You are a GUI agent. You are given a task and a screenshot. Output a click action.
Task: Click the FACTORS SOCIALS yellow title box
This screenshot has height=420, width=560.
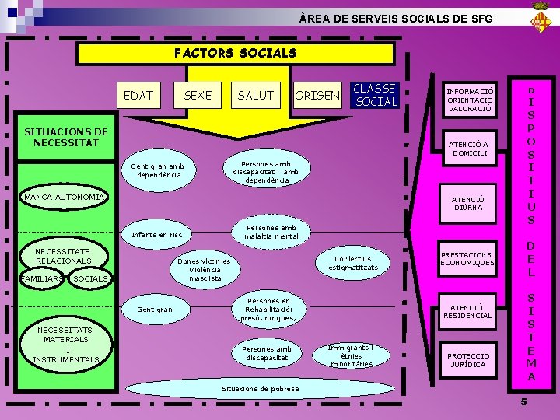click(x=235, y=53)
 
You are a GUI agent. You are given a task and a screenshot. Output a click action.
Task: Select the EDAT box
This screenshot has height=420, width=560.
click(x=139, y=95)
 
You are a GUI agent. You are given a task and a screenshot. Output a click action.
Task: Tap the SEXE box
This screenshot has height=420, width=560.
click(x=198, y=95)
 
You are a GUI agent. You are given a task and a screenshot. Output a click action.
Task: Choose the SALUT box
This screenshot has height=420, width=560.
click(x=256, y=95)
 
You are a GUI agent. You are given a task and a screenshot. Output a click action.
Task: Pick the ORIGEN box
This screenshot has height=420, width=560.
click(x=317, y=96)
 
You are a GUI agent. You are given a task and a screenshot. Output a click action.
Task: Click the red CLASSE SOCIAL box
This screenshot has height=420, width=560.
click(x=376, y=95)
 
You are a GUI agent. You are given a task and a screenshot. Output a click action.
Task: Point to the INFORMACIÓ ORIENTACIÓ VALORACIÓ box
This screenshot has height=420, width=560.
click(x=470, y=100)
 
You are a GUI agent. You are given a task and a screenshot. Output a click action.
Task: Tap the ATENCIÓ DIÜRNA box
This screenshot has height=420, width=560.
click(x=468, y=203)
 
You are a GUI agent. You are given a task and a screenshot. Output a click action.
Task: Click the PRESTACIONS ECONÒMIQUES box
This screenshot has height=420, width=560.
click(x=467, y=258)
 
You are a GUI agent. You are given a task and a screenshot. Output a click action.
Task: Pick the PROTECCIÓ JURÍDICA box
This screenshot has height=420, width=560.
click(x=467, y=360)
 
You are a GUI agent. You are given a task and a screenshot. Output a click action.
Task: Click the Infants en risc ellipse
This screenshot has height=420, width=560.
click(x=158, y=234)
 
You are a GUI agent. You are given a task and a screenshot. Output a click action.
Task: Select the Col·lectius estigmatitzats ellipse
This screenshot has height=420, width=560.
click(x=353, y=263)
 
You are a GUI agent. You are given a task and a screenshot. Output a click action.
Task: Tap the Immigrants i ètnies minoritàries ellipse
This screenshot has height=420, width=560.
click(x=350, y=355)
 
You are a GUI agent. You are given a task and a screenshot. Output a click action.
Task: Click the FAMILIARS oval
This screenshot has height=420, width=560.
click(x=44, y=278)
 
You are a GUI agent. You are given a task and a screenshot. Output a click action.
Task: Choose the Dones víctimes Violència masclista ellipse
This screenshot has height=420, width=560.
click(x=205, y=270)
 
